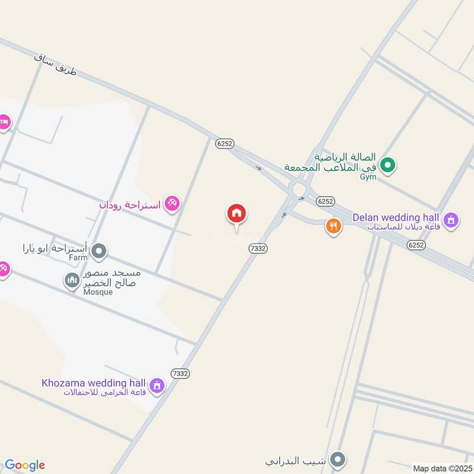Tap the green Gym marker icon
point(388,165)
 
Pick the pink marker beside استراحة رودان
point(172,204)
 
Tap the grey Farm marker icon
point(100,251)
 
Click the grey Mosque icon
point(72,279)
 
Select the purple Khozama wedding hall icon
point(157,386)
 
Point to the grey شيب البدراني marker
point(338,459)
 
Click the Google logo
point(25,465)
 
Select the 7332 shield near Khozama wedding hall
point(180,373)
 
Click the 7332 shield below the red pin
point(258,249)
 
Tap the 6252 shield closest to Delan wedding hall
point(417,244)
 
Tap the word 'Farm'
point(78,258)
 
